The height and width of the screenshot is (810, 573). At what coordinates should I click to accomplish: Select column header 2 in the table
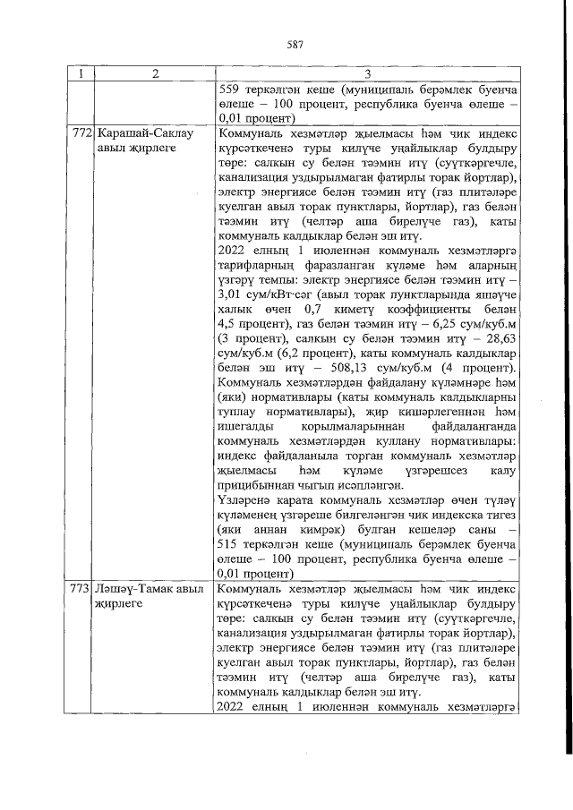(154, 74)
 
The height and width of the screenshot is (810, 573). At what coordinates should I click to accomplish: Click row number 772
(81, 132)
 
